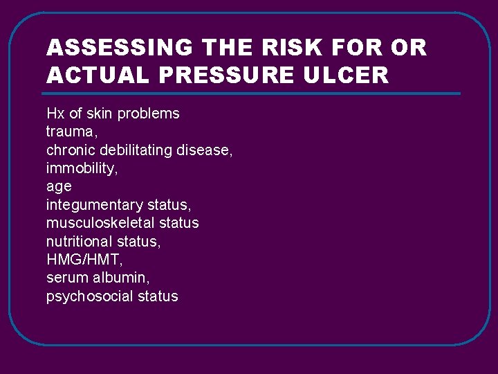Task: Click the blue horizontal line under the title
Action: (x=252, y=93)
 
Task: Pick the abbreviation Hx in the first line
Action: (x=55, y=114)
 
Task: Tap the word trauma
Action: (x=68, y=132)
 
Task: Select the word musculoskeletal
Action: (x=100, y=223)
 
